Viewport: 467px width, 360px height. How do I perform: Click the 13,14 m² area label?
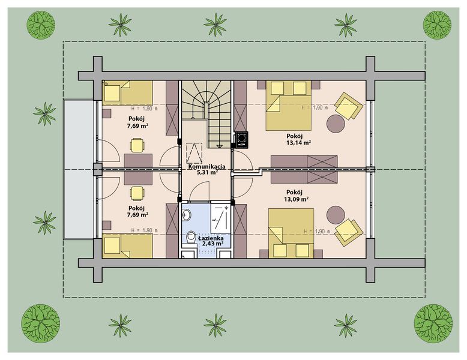299,143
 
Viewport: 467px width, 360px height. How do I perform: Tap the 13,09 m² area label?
296,199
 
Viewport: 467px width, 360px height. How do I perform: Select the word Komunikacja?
206,167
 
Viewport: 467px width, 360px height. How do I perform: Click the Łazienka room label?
211,238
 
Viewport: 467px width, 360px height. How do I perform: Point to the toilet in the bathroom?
190,238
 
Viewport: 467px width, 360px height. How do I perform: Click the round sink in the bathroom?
187,214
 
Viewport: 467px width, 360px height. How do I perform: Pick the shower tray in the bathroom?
220,218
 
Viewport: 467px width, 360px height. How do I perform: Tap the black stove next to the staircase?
241,140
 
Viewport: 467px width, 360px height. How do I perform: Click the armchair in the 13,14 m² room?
349,106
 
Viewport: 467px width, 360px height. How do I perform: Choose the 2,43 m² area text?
212,243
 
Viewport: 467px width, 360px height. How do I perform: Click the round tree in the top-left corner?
41,25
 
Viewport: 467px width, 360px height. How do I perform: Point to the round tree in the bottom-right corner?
433,323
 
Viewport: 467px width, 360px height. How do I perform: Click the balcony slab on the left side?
79,169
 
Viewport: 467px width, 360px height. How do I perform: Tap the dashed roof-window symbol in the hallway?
194,151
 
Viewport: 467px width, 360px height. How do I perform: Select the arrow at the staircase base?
219,146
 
